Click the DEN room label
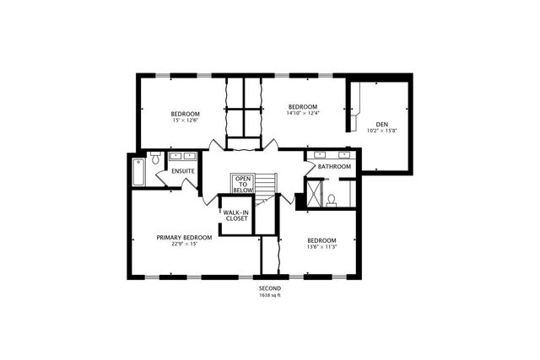pos(382,124)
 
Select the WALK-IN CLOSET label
pos(235,215)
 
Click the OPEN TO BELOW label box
pos(243,185)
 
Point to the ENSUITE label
pos(183,171)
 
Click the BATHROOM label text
pos(334,167)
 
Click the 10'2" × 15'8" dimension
pos(382,131)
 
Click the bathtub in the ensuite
pos(138,172)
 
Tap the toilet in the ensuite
pos(155,159)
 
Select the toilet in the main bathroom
pos(332,200)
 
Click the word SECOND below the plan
pos(269,289)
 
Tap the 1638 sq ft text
pos(269,295)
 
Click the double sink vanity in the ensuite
pos(183,156)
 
